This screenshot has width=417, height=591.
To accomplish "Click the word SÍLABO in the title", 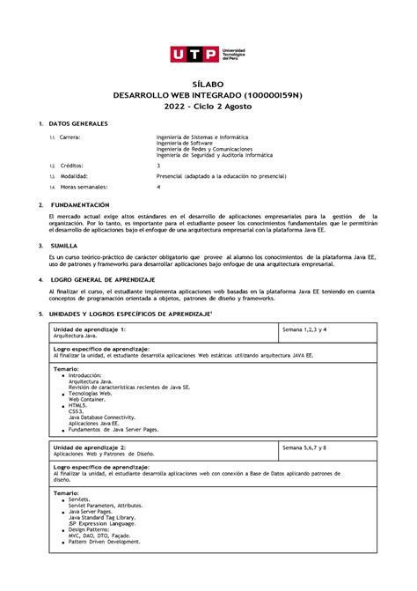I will click(x=208, y=80).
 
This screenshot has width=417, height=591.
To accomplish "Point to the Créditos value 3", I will click(x=158, y=165).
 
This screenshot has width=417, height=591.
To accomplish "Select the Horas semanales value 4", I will click(x=158, y=187).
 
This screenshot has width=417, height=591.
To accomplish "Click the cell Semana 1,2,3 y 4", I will click(x=304, y=329).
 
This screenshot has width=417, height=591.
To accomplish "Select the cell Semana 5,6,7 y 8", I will click(x=304, y=447).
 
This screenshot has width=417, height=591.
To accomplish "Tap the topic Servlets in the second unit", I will click(x=84, y=499).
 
